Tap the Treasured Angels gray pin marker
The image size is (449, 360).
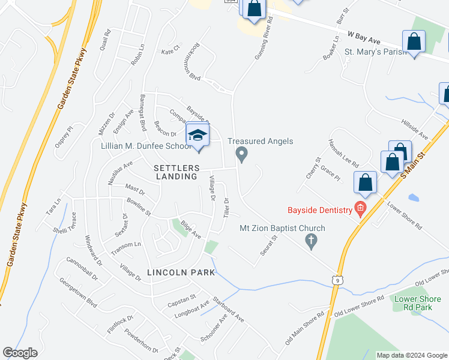click(242, 154)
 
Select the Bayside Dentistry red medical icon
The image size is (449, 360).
click(360, 209)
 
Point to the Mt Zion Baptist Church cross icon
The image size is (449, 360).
click(310, 241)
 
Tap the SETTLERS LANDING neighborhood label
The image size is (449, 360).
click(175, 172)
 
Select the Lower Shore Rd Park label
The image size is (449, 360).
click(414, 302)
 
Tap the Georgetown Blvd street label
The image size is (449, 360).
click(77, 292)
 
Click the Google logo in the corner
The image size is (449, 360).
click(20, 353)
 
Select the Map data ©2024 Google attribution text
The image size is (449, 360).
click(412, 355)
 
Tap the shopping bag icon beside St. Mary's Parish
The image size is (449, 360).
click(414, 42)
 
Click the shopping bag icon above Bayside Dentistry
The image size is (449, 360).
click(365, 182)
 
